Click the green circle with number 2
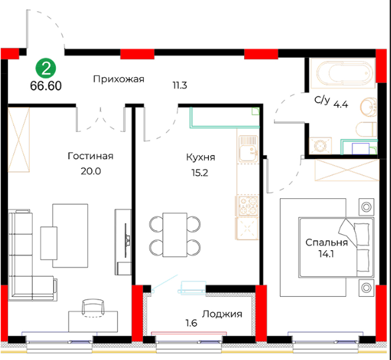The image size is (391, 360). pos(46,69)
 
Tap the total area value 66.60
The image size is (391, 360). pos(46,86)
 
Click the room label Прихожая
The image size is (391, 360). pos(118,79)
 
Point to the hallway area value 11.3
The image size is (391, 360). pos(180,85)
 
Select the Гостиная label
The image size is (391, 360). pos(90,156)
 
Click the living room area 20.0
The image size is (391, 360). pos(90,172)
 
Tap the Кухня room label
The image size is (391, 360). pos(201,158)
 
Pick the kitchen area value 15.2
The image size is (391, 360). pos(199,172)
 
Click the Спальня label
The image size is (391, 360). pos(326,242)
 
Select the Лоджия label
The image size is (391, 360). pos(222,314)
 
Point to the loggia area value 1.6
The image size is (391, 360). pos(192,323)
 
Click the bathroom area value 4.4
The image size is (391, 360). pos(341,104)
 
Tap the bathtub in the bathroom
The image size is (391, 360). pos(343,73)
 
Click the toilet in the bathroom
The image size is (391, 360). pos(366,130)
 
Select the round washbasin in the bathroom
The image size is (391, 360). pos(369,107)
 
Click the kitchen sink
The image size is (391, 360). pos(249,149)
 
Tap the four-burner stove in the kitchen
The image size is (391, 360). pos(248,206)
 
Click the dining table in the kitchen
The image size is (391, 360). pos(175,235)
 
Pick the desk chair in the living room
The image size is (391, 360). pos(93,308)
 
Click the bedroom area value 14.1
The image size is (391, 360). pos(326,254)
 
